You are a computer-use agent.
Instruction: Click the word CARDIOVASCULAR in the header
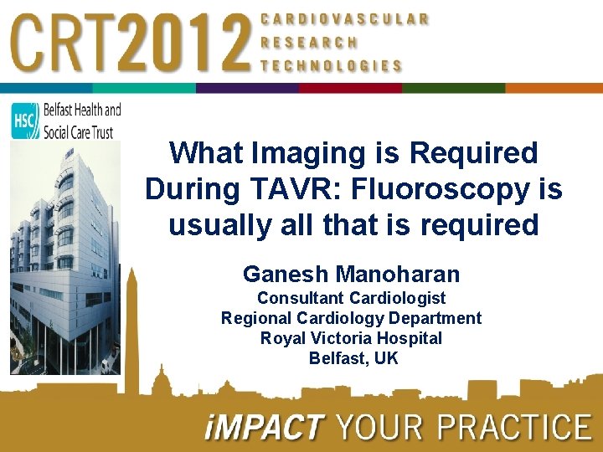tap(344, 18)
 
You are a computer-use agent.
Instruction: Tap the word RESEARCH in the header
tap(309, 42)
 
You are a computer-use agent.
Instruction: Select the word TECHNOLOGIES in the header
tap(331, 65)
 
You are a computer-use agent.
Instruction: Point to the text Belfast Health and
tap(80, 110)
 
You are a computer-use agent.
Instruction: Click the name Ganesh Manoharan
tap(351, 274)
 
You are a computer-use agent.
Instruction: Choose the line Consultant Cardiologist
tap(351, 298)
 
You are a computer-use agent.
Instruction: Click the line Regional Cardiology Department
tap(351, 318)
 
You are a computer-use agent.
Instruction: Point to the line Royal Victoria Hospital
tap(351, 338)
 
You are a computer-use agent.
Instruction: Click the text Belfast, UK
tap(353, 358)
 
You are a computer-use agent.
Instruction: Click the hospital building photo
tap(63, 259)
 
